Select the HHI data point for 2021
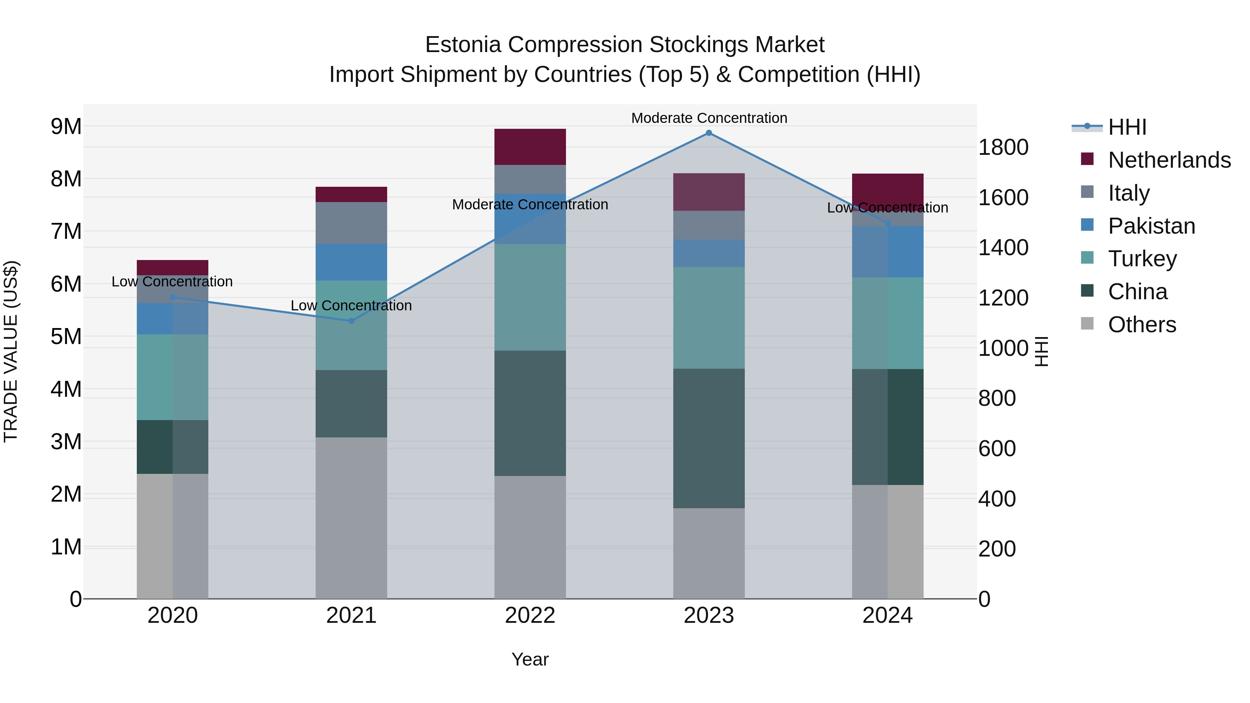[x=351, y=321]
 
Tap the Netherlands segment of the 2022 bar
[x=530, y=147]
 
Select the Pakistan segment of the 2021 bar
[x=351, y=262]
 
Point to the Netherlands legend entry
[x=1169, y=160]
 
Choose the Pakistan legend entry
[x=1151, y=226]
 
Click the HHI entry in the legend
[x=1127, y=127]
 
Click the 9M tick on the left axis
[x=66, y=127]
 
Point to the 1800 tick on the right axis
[x=1003, y=148]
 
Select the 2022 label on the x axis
[x=530, y=616]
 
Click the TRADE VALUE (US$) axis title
[x=11, y=351]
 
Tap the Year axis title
[x=530, y=659]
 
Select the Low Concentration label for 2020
[x=172, y=282]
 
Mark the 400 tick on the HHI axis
[x=997, y=499]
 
